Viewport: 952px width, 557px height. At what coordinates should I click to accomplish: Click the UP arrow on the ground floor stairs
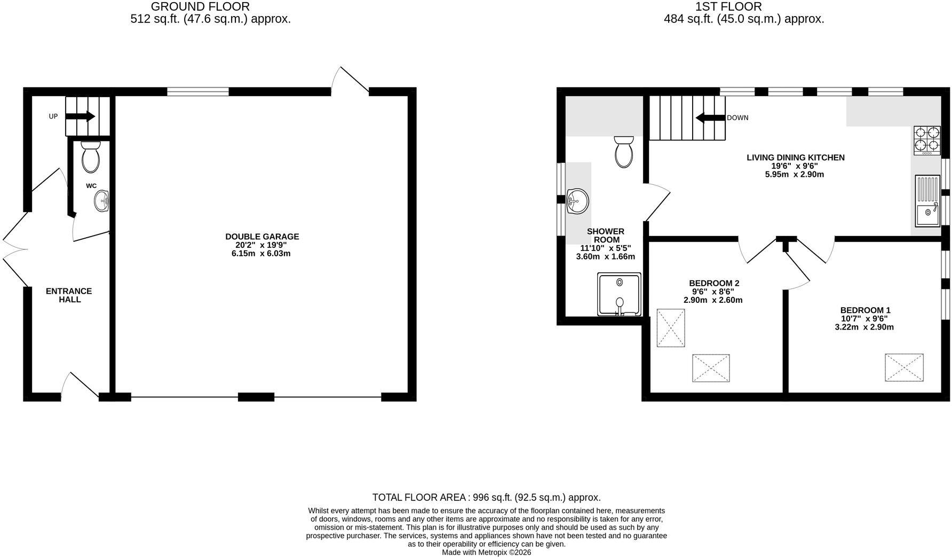tap(83, 116)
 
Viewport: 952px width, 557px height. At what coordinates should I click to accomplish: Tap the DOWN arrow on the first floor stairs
tap(709, 117)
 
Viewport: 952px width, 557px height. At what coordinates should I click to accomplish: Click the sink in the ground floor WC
tap(102, 201)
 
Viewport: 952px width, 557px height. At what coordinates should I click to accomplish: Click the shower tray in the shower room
tap(620, 294)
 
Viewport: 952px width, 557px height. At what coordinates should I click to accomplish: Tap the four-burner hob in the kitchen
tap(927, 140)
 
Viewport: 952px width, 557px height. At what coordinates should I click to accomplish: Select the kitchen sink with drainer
tap(928, 201)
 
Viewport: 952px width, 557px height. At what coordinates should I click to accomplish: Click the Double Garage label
tap(262, 237)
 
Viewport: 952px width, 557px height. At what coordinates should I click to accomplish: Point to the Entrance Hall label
tap(69, 295)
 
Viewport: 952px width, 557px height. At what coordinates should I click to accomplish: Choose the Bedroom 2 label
tap(714, 283)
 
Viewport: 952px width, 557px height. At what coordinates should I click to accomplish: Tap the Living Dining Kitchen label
tap(795, 158)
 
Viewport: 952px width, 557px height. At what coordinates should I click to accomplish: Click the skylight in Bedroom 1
tap(905, 367)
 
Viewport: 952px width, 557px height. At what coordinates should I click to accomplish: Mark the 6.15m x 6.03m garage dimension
tap(261, 254)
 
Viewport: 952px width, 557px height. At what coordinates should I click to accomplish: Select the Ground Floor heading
tap(200, 6)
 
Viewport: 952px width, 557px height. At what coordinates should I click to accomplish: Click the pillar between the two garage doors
tap(256, 397)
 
